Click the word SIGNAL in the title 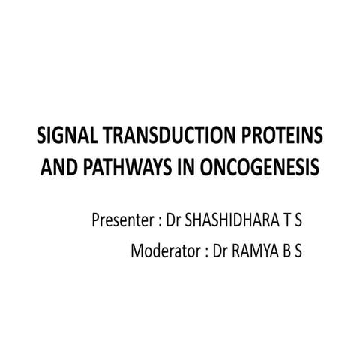[62, 136]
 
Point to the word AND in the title [56, 167]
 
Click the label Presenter [121, 221]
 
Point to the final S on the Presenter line [298, 221]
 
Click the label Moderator [164, 251]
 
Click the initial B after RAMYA [284, 251]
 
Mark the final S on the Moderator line [298, 251]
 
